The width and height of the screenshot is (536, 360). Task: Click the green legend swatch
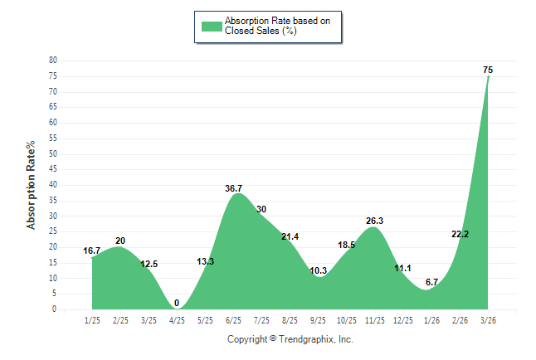212,26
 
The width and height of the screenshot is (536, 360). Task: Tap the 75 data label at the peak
488,71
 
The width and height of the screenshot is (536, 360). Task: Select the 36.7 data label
234,188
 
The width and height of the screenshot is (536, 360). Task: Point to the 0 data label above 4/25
177,303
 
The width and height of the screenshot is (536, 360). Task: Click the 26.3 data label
374,221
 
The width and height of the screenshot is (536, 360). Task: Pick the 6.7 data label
431,282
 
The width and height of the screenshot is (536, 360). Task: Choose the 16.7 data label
92,251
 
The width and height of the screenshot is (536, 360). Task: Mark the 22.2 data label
460,235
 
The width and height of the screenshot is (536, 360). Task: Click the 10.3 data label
318,271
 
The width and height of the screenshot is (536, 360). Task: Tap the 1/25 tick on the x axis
92,319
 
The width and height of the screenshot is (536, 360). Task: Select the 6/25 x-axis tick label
233,319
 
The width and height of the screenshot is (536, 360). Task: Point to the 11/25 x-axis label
374,319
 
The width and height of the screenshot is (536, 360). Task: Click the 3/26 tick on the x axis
488,319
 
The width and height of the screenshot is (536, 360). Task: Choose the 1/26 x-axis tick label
431,319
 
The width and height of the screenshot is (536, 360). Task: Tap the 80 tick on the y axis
52,61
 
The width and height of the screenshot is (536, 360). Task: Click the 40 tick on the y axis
52,185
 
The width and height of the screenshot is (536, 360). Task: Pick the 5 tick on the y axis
55,294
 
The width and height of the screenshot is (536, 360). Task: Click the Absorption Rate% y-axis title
32,185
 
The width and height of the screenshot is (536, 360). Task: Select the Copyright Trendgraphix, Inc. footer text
290,339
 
